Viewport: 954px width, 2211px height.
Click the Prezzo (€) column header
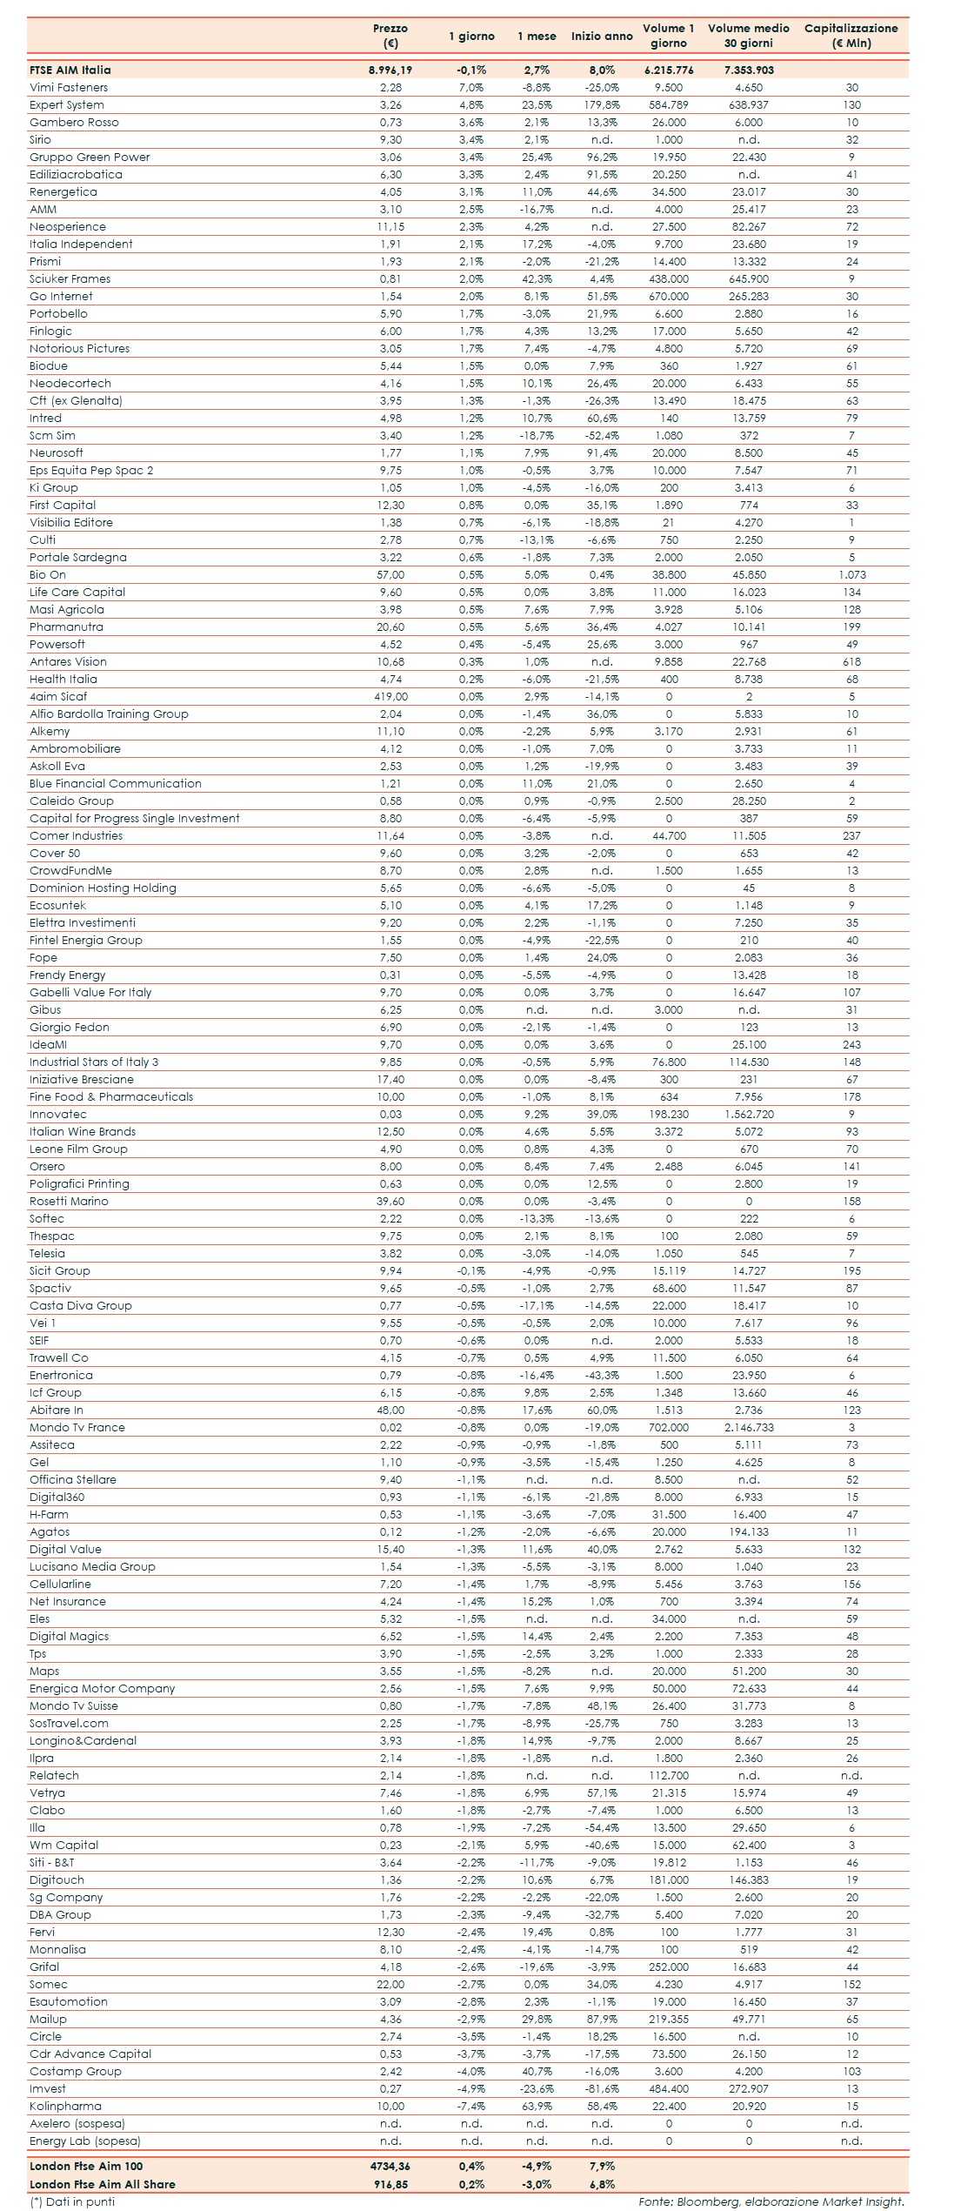(390, 36)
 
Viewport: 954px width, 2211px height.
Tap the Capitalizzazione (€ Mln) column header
(851, 36)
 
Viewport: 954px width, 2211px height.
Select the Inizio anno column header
(602, 37)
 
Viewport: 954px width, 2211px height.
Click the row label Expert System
(67, 105)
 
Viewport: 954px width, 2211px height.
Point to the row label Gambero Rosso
(74, 123)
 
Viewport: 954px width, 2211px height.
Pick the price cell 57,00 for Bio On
(390, 575)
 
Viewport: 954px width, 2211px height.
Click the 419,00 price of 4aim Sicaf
(390, 697)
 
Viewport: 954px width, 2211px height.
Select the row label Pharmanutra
(66, 627)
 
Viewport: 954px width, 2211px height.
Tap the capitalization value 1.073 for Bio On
(851, 575)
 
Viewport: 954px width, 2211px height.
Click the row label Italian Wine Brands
(83, 1132)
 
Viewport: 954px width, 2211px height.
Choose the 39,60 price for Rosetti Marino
(390, 1202)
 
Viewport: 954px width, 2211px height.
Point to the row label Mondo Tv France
(77, 1428)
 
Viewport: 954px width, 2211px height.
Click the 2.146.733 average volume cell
(749, 1428)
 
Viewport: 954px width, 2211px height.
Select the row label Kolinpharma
(65, 2107)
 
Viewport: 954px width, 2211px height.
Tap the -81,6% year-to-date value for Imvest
(602, 2089)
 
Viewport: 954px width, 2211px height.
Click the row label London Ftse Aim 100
(86, 2167)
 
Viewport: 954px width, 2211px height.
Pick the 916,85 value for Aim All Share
(390, 2184)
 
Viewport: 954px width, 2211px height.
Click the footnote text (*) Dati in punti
(72, 2201)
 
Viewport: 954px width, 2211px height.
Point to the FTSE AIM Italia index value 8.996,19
(390, 70)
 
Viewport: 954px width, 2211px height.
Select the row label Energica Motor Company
(103, 1689)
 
